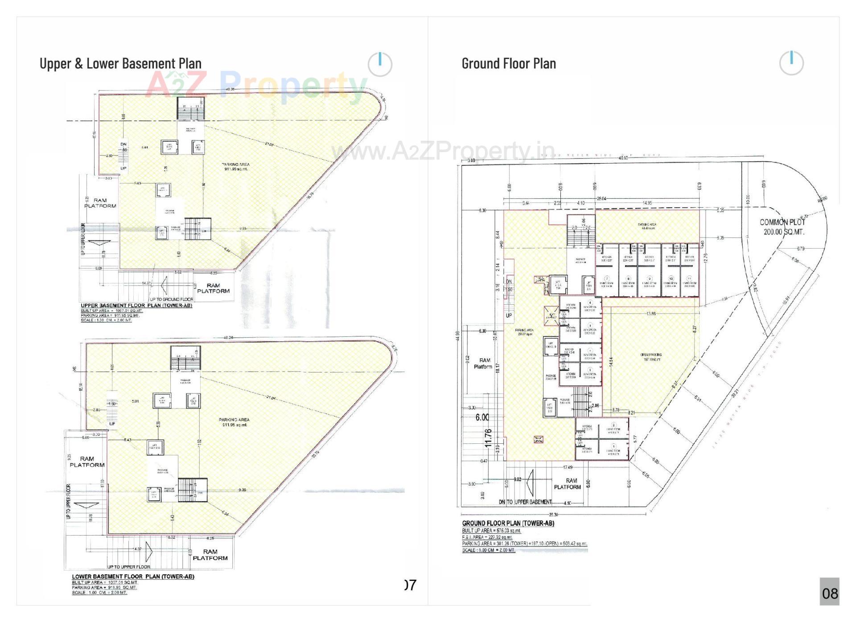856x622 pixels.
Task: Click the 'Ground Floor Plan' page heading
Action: coord(509,64)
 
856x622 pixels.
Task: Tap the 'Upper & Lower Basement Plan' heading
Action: coord(120,64)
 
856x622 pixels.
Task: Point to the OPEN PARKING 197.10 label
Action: coord(651,357)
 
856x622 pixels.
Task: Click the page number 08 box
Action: coord(829,593)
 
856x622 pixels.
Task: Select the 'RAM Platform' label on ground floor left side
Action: coord(484,363)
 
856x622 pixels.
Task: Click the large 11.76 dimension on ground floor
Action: coord(489,438)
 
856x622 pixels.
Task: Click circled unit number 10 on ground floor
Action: coord(671,278)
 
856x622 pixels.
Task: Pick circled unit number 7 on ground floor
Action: coord(606,278)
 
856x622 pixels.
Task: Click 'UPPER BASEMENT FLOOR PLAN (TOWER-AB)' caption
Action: coord(136,306)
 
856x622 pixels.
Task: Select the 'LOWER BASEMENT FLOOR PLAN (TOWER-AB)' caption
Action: coord(133,577)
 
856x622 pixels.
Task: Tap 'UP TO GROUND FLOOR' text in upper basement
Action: coord(171,299)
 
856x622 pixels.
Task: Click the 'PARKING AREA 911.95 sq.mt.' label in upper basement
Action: coord(236,167)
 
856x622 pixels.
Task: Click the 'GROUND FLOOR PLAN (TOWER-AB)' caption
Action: coord(508,523)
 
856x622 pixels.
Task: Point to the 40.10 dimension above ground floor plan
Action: coord(623,158)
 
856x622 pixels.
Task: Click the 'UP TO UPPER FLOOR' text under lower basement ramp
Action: coord(129,567)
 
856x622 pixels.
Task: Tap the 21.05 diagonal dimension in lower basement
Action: coord(271,398)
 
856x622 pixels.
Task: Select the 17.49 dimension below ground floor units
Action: coord(568,467)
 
